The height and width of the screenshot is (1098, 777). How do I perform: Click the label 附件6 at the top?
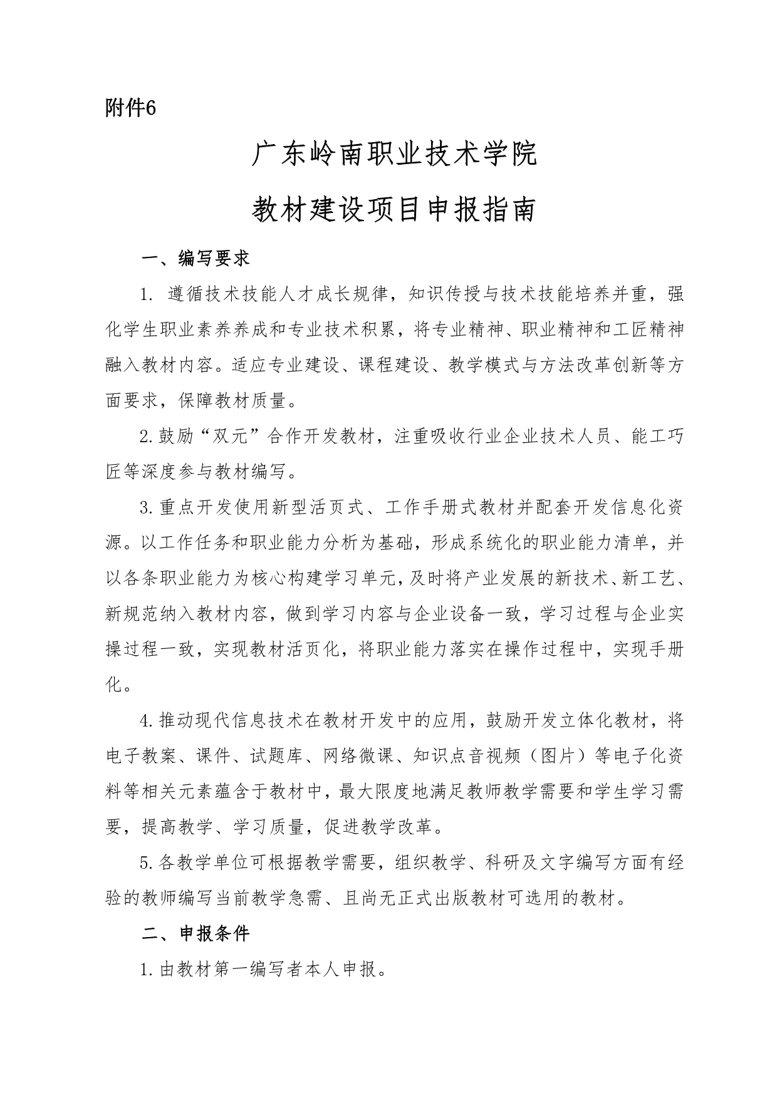(130, 108)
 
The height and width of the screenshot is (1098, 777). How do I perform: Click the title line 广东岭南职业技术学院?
(394, 155)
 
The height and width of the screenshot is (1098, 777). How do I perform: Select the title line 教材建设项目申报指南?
(394, 210)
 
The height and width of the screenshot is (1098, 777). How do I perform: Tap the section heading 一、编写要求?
(196, 258)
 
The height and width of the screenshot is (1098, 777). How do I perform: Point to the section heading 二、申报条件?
(196, 934)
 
